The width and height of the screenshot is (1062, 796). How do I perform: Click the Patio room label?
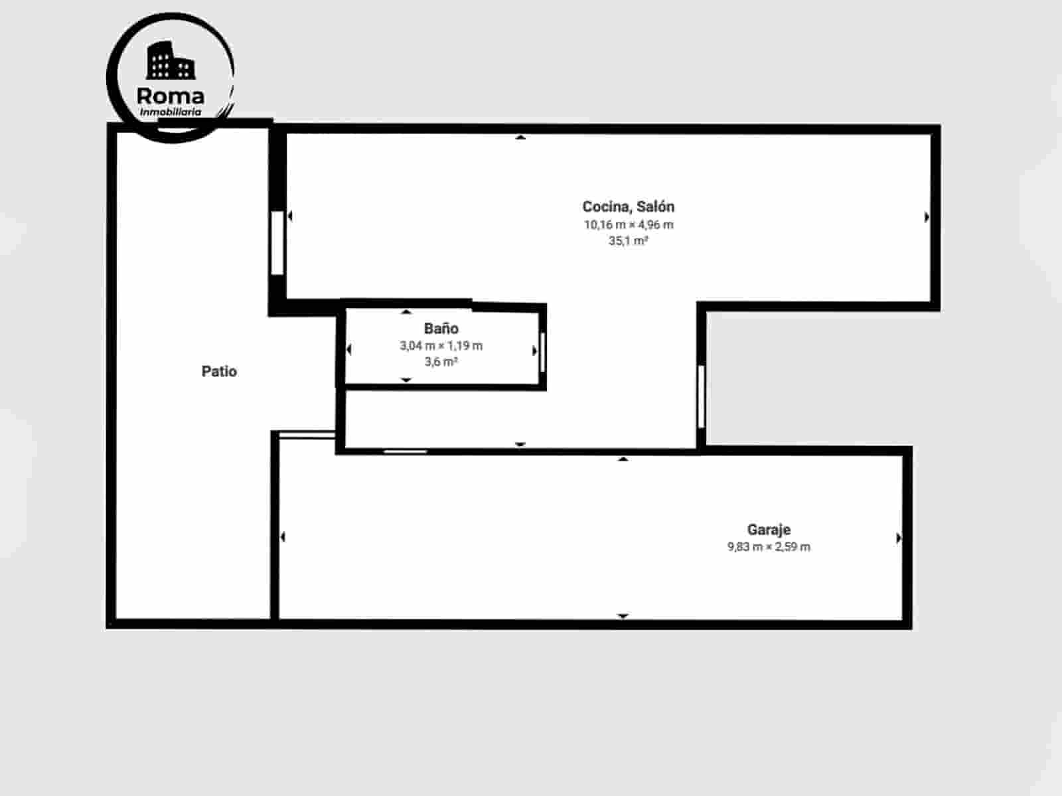219,371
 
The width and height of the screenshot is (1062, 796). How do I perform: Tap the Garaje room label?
769,530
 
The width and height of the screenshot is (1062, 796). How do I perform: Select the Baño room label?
441,328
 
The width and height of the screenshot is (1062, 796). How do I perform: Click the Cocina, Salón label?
628,206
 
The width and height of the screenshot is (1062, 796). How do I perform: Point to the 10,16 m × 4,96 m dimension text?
628,224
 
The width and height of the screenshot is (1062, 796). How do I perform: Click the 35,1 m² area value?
628,241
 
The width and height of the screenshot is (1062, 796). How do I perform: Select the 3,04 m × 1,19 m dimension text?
441,345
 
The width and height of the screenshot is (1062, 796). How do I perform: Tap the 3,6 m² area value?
441,362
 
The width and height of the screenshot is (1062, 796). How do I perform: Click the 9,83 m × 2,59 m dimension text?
769,547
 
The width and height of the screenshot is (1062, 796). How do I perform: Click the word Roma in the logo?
170,96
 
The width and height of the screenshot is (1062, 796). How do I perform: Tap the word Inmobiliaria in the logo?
170,112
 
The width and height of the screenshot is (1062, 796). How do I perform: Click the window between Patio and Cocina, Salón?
277,242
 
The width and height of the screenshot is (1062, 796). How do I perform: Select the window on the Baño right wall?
543,351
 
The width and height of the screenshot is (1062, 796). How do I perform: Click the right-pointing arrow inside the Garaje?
899,538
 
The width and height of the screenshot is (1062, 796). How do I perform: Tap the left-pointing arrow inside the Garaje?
283,536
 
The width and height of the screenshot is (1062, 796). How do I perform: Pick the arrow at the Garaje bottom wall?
623,616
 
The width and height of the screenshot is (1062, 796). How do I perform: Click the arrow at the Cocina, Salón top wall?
521,137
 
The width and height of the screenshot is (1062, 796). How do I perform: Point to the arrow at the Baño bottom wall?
406,380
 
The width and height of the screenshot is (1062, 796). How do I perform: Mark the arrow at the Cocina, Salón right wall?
927,216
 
